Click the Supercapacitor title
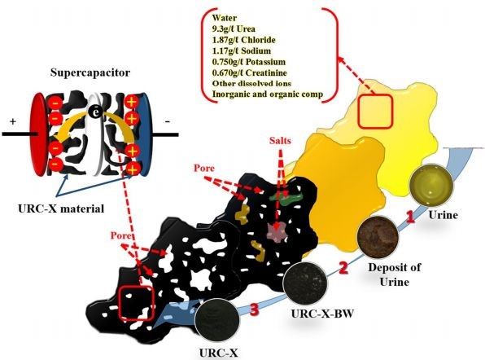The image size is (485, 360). click(x=90, y=72)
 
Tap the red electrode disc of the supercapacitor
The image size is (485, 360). click(x=39, y=134)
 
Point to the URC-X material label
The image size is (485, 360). click(x=61, y=209)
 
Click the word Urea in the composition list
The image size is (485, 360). click(x=247, y=29)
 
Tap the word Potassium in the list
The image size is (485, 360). click(x=266, y=62)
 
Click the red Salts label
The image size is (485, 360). click(x=280, y=141)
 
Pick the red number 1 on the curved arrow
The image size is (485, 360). click(x=410, y=217)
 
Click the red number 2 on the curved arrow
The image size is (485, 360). click(x=343, y=267)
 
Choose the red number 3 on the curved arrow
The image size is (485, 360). click(x=254, y=310)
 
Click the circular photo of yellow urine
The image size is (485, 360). click(x=431, y=185)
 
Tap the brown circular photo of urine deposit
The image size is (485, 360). click(x=378, y=237)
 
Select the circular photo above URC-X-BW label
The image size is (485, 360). click(x=305, y=283)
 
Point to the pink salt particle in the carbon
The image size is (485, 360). click(x=277, y=232)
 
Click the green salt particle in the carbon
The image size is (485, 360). click(x=285, y=197)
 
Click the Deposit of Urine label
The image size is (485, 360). click(x=395, y=274)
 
